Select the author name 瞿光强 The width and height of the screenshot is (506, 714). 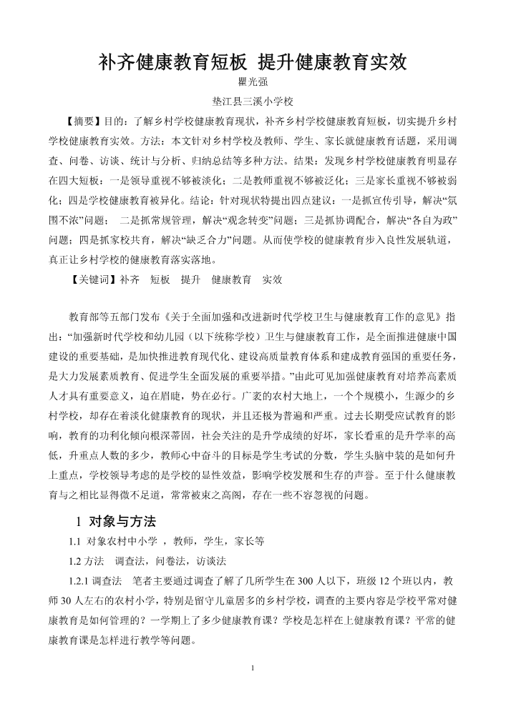point(252,84)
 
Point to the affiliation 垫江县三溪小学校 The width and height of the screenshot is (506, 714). point(252,102)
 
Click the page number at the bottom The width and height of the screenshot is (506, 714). point(253,668)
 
